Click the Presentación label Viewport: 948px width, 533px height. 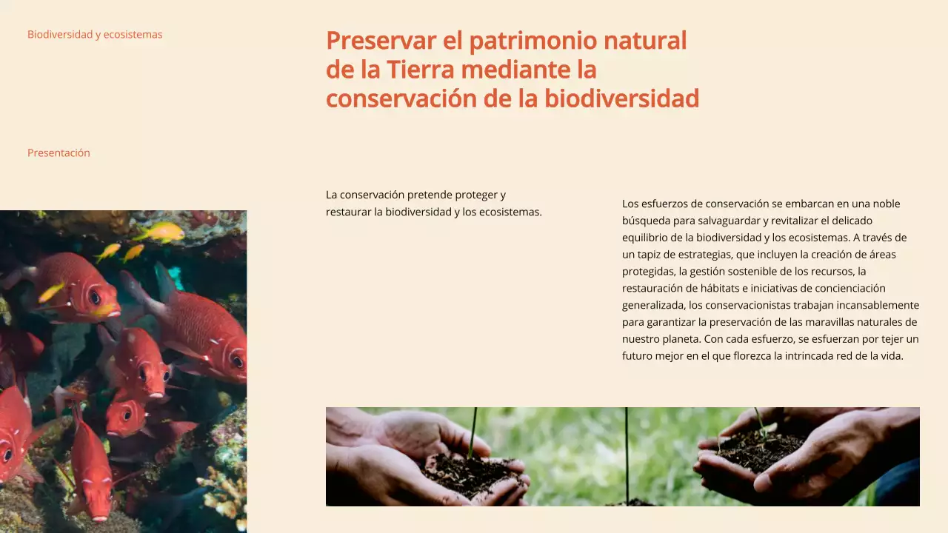point(59,152)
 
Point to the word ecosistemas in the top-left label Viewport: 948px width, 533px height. point(133,34)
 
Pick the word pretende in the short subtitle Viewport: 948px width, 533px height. point(428,195)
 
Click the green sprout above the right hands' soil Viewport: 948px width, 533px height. point(761,420)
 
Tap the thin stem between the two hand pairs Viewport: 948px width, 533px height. point(627,452)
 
